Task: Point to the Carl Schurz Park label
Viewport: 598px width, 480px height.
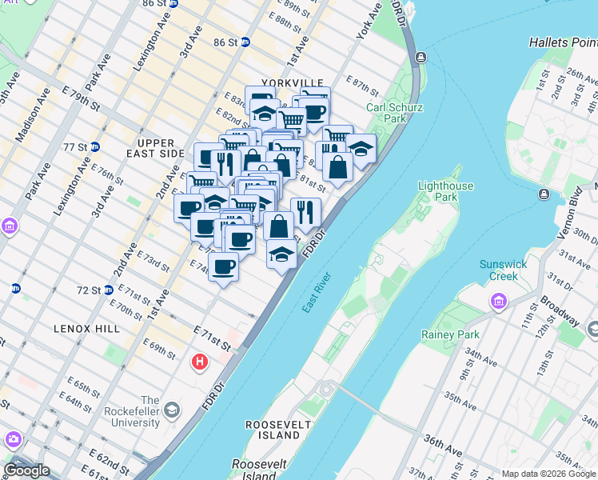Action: [394, 113]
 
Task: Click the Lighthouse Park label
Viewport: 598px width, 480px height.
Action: [447, 191]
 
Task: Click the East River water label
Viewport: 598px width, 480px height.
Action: [316, 294]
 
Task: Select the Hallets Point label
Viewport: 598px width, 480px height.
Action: [563, 42]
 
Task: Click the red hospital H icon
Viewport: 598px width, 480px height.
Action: [200, 363]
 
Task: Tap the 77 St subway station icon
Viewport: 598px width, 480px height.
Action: [94, 147]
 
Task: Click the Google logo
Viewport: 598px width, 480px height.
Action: [26, 470]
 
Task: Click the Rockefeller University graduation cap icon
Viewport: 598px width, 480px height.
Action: [171, 411]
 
